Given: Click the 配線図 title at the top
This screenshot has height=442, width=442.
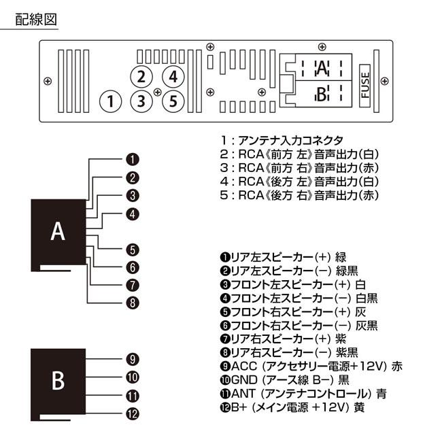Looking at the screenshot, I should coord(36,19).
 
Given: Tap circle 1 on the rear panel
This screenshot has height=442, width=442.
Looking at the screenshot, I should coord(109,101).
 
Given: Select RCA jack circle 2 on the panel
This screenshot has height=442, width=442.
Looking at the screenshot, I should coord(140,76).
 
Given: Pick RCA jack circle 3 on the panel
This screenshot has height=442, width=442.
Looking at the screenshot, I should coord(140,101).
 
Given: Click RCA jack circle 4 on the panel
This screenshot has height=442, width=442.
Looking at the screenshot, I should coord(173,76).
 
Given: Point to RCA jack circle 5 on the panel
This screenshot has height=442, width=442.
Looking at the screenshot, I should coord(173,101).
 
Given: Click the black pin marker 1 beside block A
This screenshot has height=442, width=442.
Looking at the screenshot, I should coord(133,160).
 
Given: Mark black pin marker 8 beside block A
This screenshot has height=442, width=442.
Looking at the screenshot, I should coord(133,303).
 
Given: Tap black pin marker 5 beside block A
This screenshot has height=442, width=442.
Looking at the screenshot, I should coord(133,249).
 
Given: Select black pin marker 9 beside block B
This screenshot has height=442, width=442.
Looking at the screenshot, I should coord(133,359).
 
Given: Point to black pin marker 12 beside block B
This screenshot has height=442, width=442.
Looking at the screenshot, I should coord(133,413).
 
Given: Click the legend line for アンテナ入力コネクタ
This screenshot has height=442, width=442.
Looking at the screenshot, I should coord(286,139).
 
